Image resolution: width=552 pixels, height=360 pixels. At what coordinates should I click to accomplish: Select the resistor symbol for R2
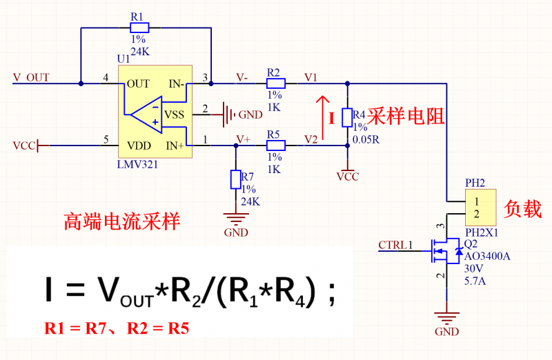[x=275, y=83]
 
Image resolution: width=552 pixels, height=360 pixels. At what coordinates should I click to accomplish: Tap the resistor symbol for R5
[x=275, y=146]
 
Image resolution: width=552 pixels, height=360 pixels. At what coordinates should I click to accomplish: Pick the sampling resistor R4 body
[x=348, y=116]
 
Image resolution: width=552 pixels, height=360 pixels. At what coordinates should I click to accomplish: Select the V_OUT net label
[x=31, y=77]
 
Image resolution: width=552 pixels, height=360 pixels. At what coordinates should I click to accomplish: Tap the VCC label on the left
[x=23, y=146]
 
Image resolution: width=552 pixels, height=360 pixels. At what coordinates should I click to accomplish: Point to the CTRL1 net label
[x=395, y=245]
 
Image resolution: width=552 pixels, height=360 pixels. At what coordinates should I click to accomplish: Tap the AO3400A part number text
[x=488, y=257]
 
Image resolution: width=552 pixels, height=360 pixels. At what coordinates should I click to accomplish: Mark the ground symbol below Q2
[x=446, y=318]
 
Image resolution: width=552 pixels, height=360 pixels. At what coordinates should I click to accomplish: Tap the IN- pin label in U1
[x=175, y=84]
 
